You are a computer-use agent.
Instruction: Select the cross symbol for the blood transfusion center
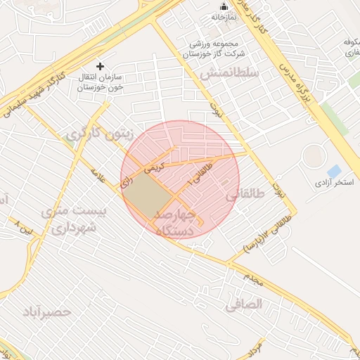[x=101, y=65]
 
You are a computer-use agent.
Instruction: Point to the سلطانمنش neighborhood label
[x=230, y=72]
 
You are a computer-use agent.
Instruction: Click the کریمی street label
[x=155, y=168]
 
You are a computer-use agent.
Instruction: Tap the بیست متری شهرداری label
[x=73, y=219]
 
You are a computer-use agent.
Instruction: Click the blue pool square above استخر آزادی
[x=334, y=171]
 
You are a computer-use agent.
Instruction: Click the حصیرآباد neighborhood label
[x=47, y=311]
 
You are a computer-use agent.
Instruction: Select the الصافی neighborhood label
[x=244, y=304]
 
